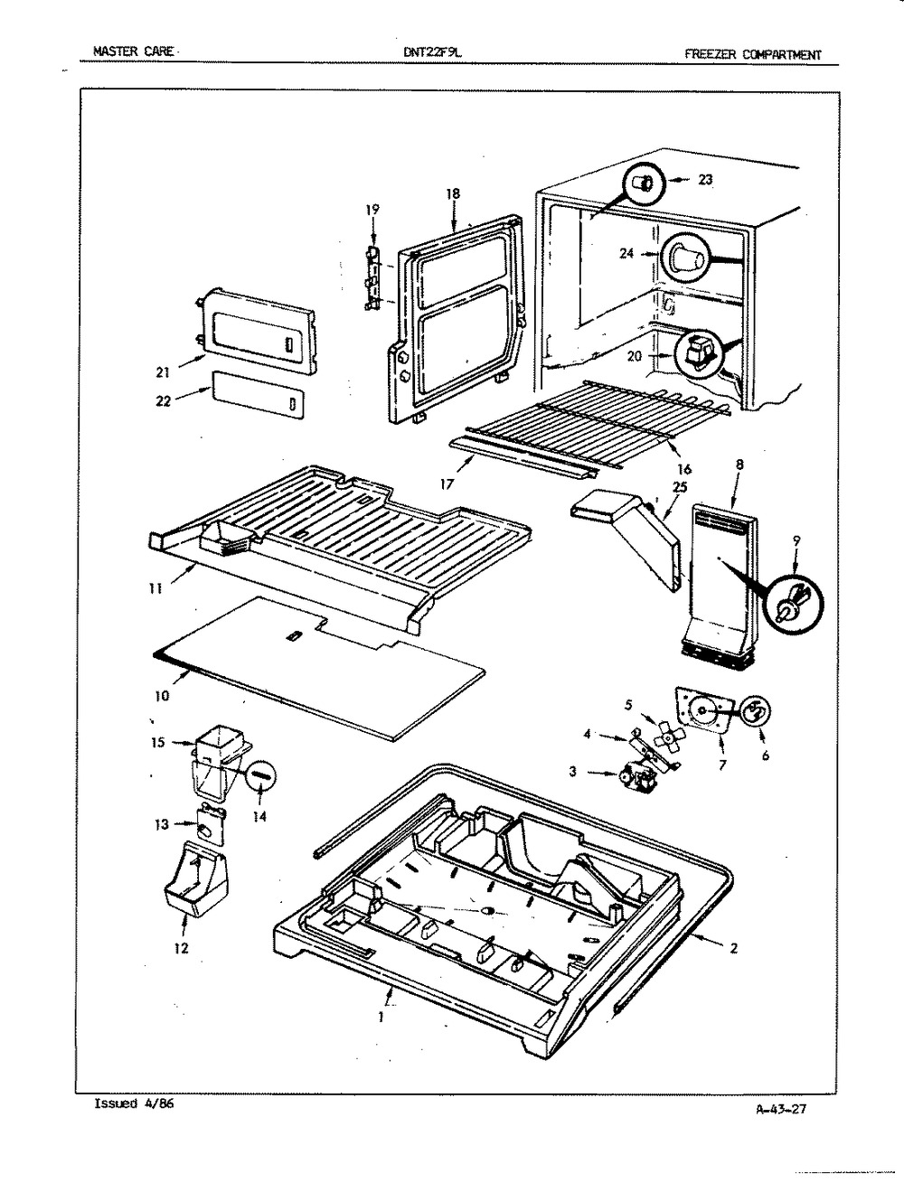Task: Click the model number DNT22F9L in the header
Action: [432, 52]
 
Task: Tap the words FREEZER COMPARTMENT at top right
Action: [753, 54]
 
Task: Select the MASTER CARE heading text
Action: [133, 52]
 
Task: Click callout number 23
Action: [705, 180]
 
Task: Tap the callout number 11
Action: [155, 589]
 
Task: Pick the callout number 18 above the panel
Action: [453, 194]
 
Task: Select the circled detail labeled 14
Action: [260, 776]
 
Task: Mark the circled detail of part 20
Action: [698, 353]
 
